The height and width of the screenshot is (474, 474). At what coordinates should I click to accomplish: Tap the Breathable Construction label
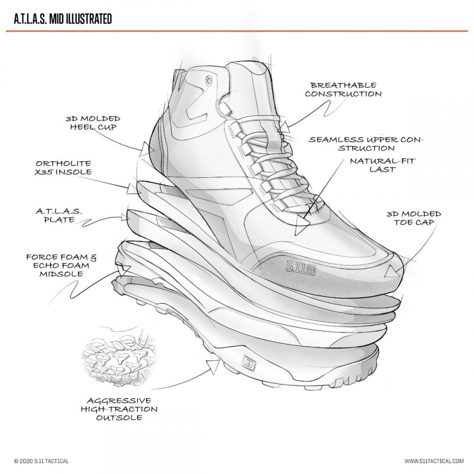(x=343, y=90)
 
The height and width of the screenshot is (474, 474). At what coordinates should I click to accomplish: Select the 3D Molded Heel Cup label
(x=93, y=123)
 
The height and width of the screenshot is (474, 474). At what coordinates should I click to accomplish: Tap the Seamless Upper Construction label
(x=367, y=144)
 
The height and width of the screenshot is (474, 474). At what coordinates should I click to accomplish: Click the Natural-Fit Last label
(x=383, y=165)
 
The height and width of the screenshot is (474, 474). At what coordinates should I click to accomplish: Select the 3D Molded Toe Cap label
(x=414, y=218)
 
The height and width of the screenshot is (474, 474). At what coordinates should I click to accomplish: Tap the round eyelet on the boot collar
(x=209, y=82)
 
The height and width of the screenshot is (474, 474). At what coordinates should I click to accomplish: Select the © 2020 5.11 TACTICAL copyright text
(x=41, y=461)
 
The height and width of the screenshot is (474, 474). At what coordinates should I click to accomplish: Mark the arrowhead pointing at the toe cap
(x=391, y=272)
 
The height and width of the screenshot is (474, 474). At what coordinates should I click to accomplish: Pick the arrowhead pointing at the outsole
(x=209, y=365)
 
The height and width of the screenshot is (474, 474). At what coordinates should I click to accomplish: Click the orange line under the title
(x=237, y=31)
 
